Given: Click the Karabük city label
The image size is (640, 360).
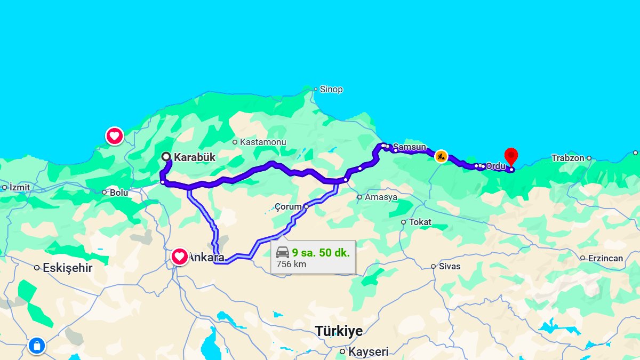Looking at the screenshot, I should click(x=194, y=157).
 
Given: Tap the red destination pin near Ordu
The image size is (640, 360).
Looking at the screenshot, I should click(x=511, y=156).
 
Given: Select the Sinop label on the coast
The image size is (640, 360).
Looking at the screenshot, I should click(x=331, y=89).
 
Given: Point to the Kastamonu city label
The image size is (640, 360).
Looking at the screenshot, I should click(x=263, y=142).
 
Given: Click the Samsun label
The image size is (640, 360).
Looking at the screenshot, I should click(x=410, y=147).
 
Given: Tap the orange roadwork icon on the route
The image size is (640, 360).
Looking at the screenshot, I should click(x=441, y=156).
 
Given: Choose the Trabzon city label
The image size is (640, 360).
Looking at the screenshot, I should click(x=568, y=158).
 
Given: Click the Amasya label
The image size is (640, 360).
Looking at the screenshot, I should click(x=381, y=197).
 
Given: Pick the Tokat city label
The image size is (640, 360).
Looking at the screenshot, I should click(x=420, y=222).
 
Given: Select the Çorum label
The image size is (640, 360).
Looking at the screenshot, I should click(x=288, y=206).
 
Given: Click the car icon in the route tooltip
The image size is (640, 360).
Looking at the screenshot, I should click(x=283, y=252).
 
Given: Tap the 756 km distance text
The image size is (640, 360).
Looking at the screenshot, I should click(x=291, y=264).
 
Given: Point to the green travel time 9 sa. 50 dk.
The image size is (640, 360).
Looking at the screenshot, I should click(x=321, y=252).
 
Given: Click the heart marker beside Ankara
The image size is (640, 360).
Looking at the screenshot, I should click(x=180, y=257).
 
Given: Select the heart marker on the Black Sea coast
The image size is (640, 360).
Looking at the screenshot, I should click(x=115, y=136).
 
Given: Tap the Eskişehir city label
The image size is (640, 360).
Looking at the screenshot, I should click(x=67, y=268).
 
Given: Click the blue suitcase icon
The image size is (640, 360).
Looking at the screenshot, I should click(x=37, y=346).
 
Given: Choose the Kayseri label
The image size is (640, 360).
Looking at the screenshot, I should click(x=368, y=351).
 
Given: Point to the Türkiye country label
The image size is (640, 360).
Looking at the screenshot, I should click(x=339, y=331).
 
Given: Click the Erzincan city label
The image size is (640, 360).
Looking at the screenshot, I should click(x=605, y=258).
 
